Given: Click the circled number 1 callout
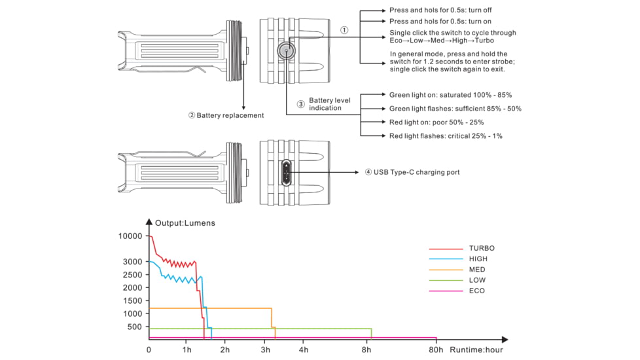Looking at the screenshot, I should tap(344, 30).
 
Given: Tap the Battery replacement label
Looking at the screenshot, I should tap(226, 115).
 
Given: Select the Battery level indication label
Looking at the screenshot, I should tap(329, 104).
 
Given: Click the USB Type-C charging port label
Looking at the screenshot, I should tap(412, 172).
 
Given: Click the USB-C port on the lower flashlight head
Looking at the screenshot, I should tap(286, 172).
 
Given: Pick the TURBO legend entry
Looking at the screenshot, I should tap(481, 248).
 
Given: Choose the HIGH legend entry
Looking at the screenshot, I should tap(478, 259).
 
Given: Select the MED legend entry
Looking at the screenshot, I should tap(476, 269).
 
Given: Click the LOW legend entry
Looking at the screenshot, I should tap(477, 280).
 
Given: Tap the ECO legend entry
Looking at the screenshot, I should tap(476, 291).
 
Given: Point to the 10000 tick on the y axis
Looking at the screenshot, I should tap(130, 236).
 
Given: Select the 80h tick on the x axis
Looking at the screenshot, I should tap(436, 350).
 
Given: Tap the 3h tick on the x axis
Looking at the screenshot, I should tap(265, 350).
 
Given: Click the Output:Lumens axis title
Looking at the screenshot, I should tap(185, 223).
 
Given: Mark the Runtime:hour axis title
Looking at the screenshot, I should tap(476, 350).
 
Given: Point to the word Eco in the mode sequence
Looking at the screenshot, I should tap(396, 41).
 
